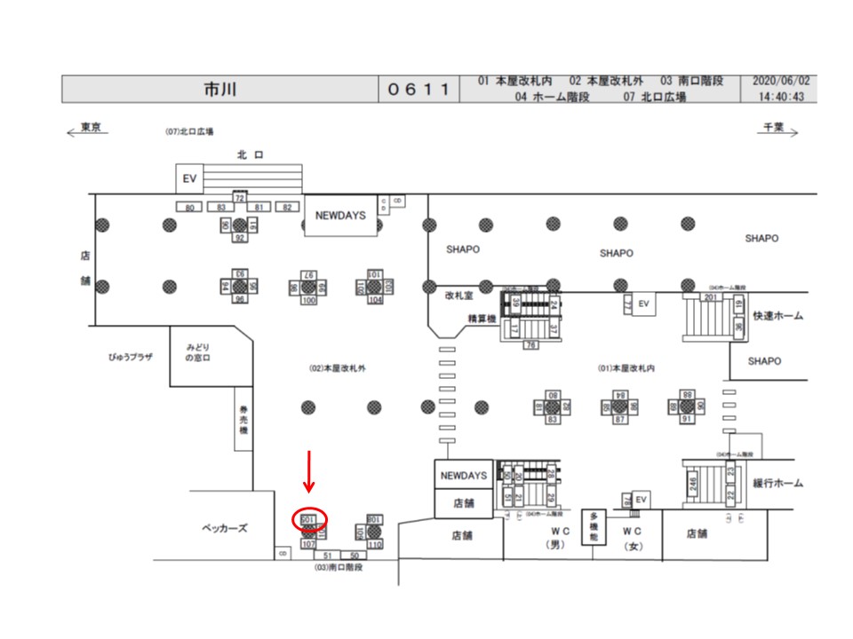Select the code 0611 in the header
pyautogui.click(x=419, y=90)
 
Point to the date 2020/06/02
pyautogui.click(x=782, y=82)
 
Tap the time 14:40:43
pyautogui.click(x=782, y=97)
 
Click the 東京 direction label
pyautogui.click(x=88, y=128)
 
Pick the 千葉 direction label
pyautogui.click(x=772, y=128)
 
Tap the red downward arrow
pyautogui.click(x=309, y=470)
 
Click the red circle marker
pyautogui.click(x=310, y=519)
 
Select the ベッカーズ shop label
pyautogui.click(x=223, y=528)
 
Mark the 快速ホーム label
pyautogui.click(x=777, y=315)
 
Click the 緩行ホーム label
pyautogui.click(x=777, y=483)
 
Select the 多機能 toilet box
pyautogui.click(x=593, y=526)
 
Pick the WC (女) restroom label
pyautogui.click(x=633, y=538)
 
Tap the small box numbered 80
pyautogui.click(x=188, y=207)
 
